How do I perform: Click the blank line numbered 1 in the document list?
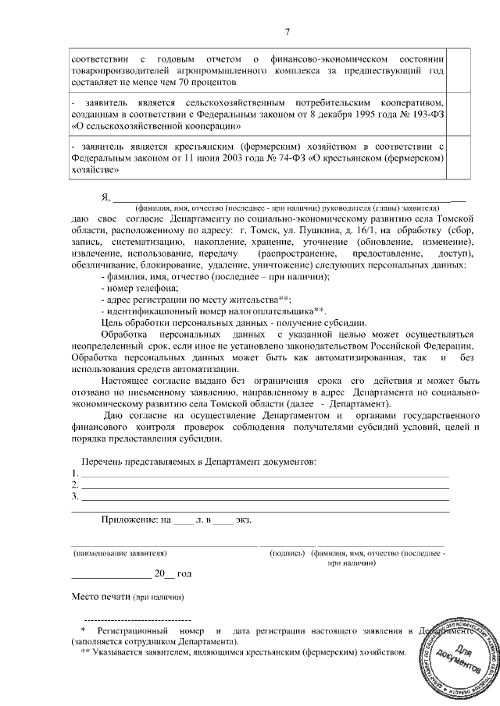(x=266, y=474)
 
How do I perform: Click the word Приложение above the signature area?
(x=129, y=520)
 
